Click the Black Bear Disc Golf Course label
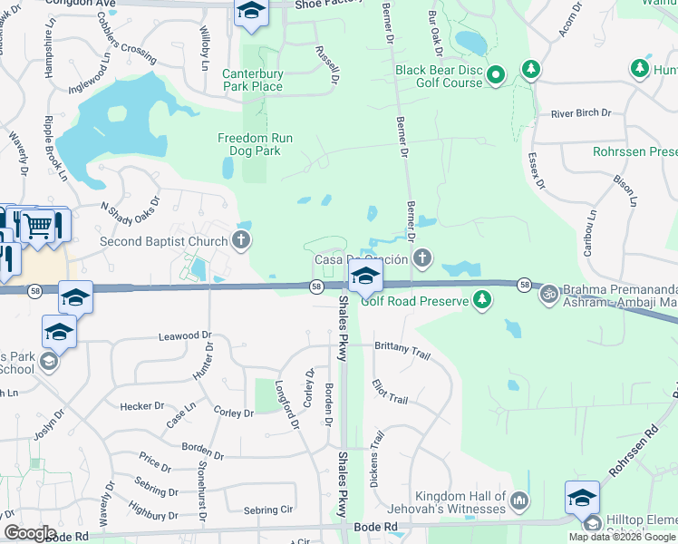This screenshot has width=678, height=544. (x=439, y=75)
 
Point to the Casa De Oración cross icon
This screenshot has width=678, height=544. (x=421, y=259)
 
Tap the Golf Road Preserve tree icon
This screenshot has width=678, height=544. (x=482, y=300)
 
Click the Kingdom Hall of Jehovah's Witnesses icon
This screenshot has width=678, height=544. (x=519, y=500)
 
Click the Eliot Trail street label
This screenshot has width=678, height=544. (x=390, y=392)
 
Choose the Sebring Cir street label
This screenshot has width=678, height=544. (x=269, y=510)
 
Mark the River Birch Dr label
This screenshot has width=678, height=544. (x=581, y=113)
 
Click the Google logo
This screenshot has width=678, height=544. (x=30, y=533)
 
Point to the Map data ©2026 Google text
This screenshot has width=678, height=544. (x=622, y=537)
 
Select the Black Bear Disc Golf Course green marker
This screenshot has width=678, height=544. (x=496, y=75)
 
